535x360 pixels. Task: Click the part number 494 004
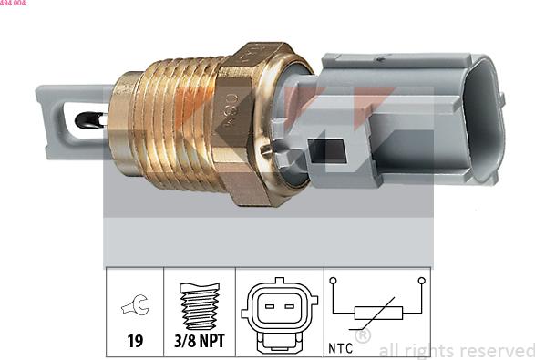[x=14, y=4]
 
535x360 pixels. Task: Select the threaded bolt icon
[x=199, y=308]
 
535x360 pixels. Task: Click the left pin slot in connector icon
[x=269, y=304]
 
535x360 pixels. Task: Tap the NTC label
[x=341, y=347]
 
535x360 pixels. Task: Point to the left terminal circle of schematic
[x=334, y=281]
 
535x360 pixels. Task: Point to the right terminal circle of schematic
[x=421, y=281]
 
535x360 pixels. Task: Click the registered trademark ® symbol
[x=362, y=335]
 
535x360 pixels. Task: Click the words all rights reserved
[x=456, y=350]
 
